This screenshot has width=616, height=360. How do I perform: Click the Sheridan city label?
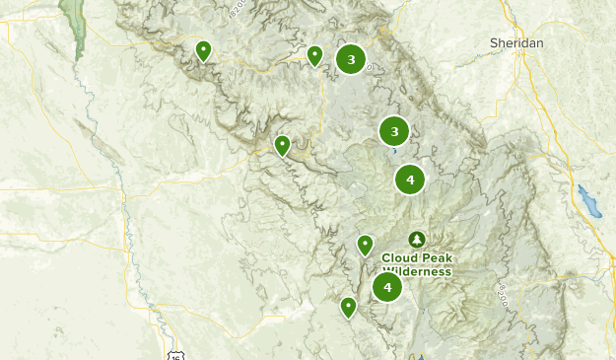[x=516, y=43]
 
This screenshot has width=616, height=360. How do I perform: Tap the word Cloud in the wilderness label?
[x=398, y=258]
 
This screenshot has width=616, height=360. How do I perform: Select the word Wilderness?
[x=417, y=271]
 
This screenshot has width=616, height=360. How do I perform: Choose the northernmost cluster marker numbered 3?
[x=351, y=60]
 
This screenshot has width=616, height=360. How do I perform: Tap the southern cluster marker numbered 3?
[x=394, y=131]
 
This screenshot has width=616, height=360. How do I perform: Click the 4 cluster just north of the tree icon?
[x=410, y=180]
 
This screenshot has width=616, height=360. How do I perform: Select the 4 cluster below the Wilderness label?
[x=387, y=287]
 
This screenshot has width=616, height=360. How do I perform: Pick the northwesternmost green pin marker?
[x=203, y=49]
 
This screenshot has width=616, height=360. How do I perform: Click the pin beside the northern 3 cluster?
[x=314, y=54]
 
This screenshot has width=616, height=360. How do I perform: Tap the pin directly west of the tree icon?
[x=366, y=244]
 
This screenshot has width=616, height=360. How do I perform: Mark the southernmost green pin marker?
[x=348, y=307]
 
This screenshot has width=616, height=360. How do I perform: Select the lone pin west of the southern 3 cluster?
[x=282, y=145]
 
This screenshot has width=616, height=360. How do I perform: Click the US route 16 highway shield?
[x=173, y=353]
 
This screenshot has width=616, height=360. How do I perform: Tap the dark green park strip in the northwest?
[x=73, y=25]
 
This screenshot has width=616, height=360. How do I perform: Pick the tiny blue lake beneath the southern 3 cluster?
[x=394, y=152]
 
